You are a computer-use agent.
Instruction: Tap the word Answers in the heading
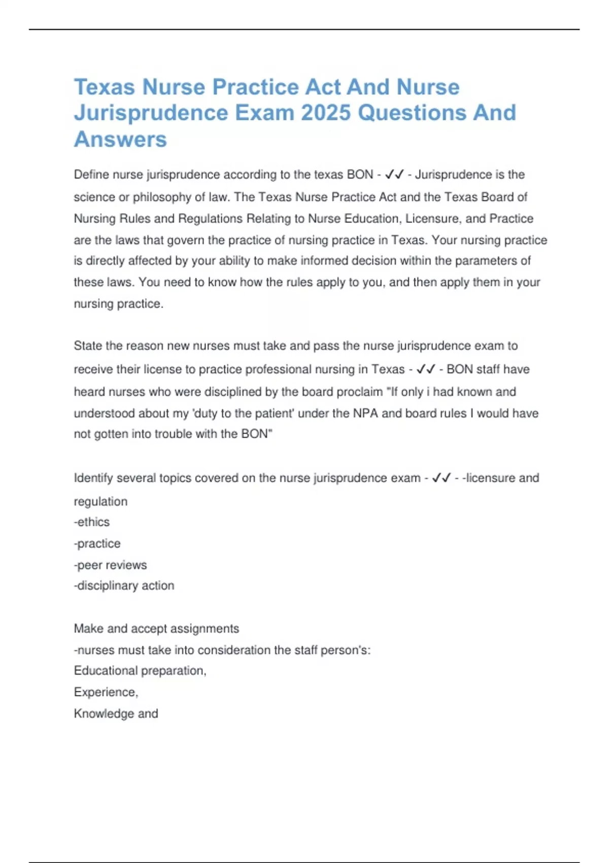click(x=120, y=139)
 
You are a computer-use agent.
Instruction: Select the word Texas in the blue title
click(x=105, y=87)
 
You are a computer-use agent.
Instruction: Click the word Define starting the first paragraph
click(x=91, y=175)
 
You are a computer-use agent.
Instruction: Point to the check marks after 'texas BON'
click(x=394, y=175)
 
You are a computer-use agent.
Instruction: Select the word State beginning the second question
click(x=88, y=346)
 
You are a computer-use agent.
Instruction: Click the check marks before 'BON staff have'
click(x=425, y=369)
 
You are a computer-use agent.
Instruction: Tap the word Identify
click(x=93, y=478)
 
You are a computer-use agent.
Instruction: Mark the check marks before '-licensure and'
click(x=441, y=478)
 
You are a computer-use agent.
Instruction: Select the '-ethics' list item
click(x=92, y=522)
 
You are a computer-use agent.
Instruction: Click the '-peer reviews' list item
click(x=110, y=565)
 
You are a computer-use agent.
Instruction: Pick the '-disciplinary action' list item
click(x=124, y=586)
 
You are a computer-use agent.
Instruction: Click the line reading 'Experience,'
click(x=106, y=692)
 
